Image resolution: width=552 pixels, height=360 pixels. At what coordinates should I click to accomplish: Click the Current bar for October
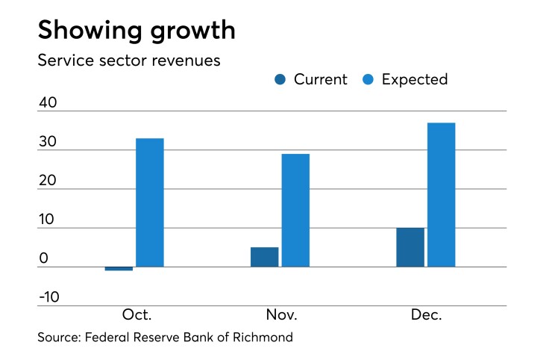(x=119, y=268)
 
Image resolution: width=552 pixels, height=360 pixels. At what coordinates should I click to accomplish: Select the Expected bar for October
(x=149, y=202)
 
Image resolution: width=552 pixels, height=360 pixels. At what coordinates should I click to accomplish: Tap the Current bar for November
(x=264, y=257)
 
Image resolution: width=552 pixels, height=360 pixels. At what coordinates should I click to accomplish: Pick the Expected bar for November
(x=295, y=210)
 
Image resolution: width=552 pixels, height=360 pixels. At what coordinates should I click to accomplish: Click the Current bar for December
(x=410, y=247)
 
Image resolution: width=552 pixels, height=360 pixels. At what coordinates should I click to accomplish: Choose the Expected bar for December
(x=441, y=194)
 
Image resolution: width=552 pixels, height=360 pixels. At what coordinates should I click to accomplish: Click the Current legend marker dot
(x=280, y=80)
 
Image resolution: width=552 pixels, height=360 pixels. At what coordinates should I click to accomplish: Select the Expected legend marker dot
(x=368, y=80)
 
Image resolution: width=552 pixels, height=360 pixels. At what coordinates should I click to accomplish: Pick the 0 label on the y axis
(x=43, y=258)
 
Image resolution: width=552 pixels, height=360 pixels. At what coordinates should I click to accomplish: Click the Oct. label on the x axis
(x=136, y=314)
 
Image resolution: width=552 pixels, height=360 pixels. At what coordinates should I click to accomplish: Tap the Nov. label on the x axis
(x=281, y=314)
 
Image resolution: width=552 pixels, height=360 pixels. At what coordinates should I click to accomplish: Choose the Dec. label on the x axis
(x=427, y=314)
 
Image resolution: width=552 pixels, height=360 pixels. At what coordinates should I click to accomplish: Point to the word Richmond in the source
(x=263, y=337)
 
